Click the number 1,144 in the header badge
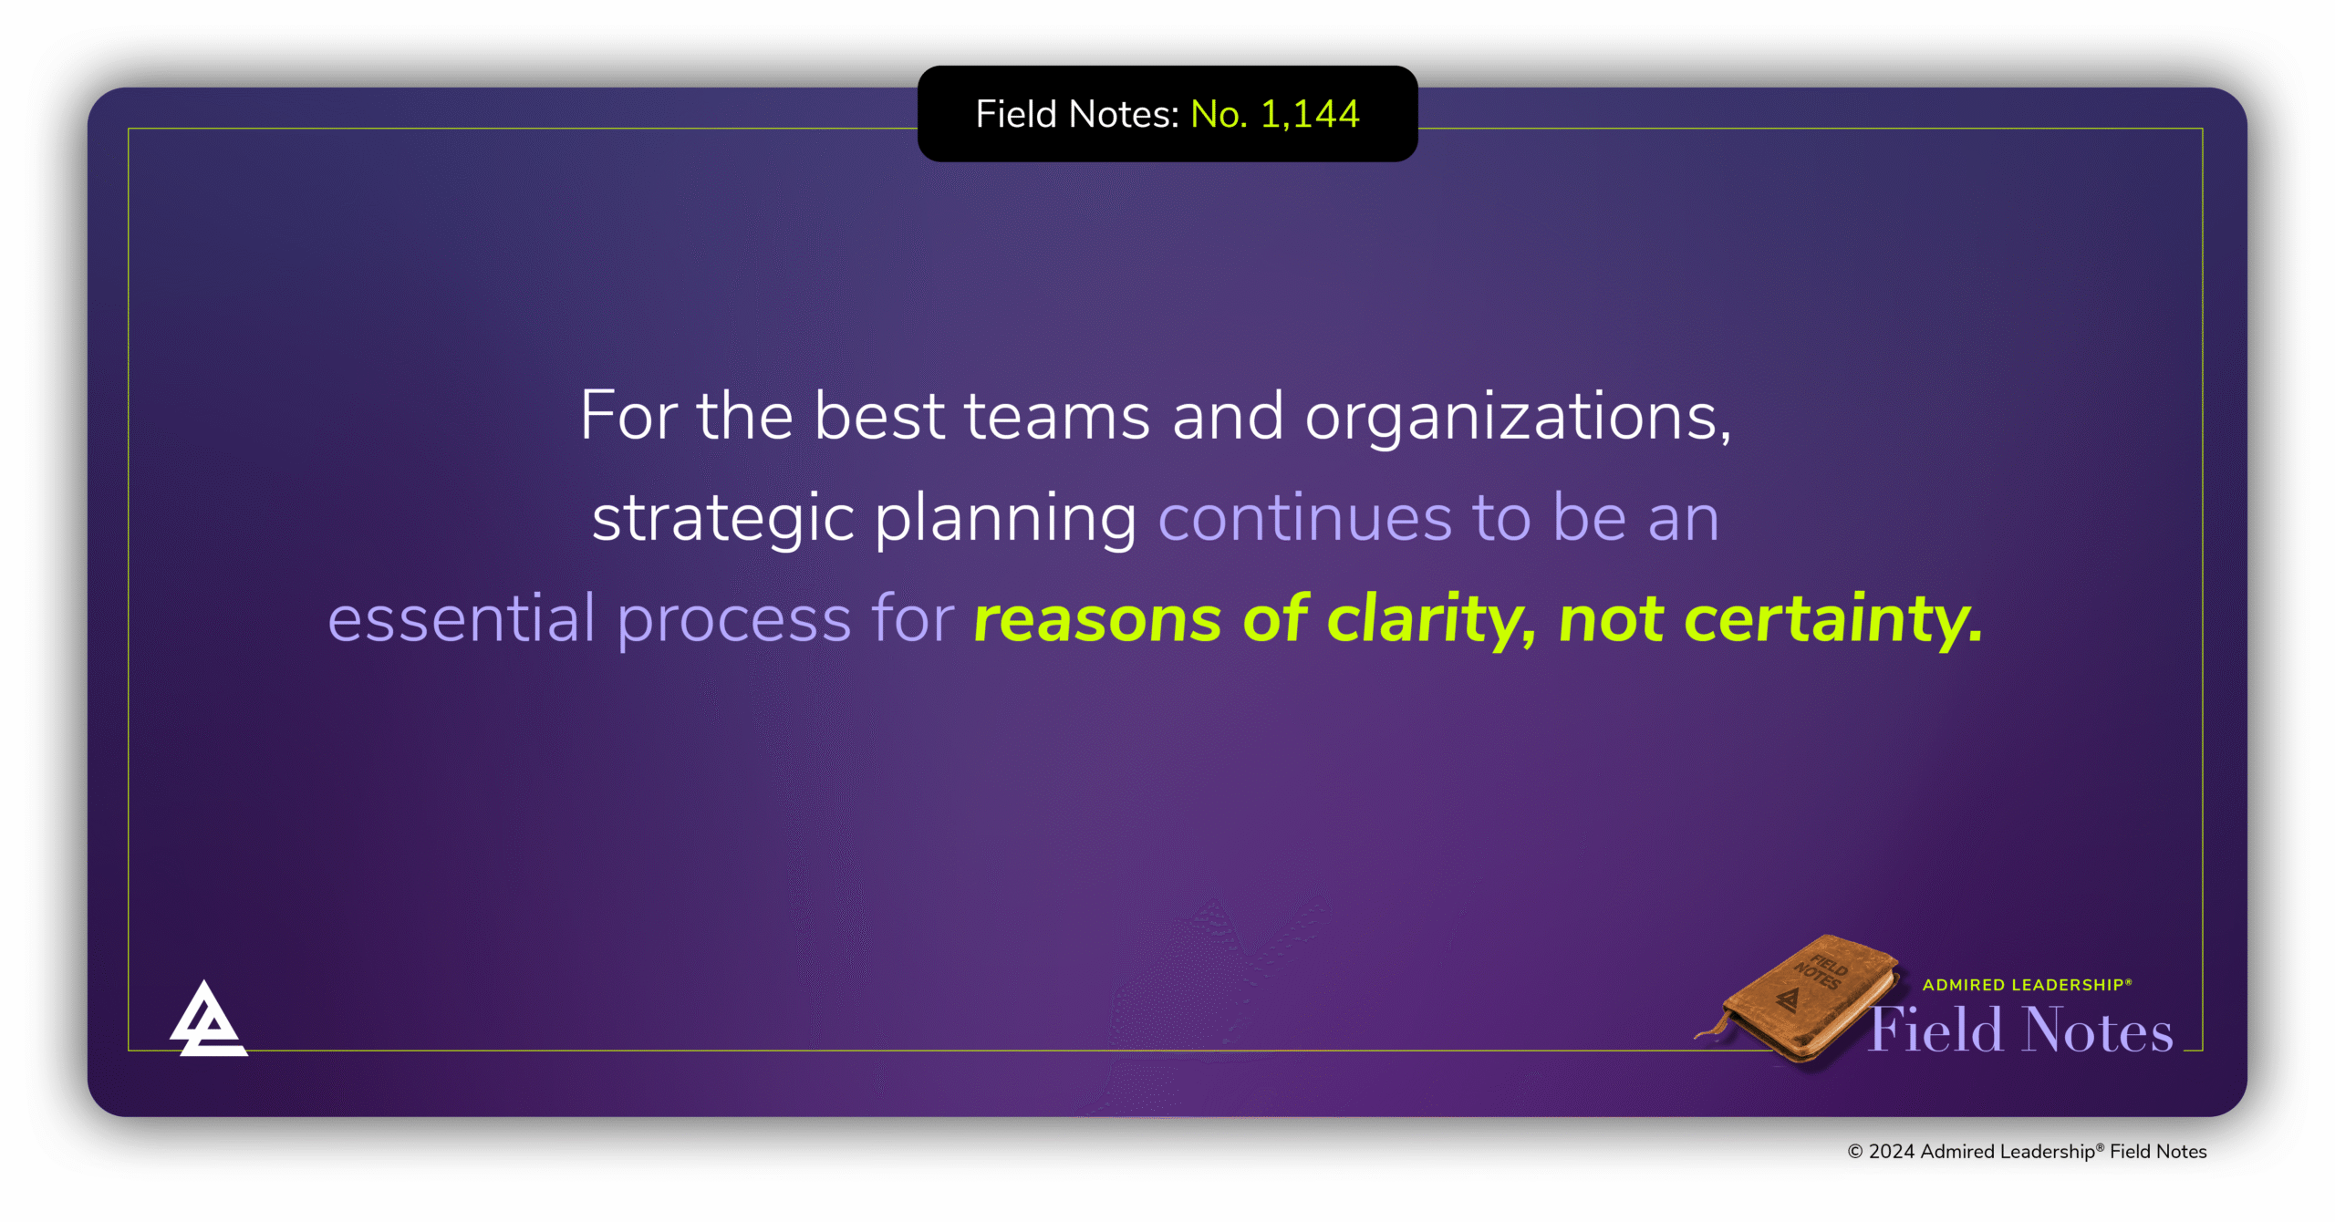pos(1310,115)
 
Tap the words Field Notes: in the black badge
pos(1077,115)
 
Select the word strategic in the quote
pos(722,519)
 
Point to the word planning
pos(1005,519)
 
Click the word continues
pos(1304,517)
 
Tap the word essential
pos(462,618)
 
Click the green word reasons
pos(1097,620)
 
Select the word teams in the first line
pos(1057,417)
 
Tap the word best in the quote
pos(878,417)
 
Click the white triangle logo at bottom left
pos(207,1022)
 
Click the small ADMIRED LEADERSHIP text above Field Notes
pos(2027,985)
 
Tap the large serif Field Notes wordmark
pos(2021,1030)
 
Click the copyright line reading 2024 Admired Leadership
pos(2027,1152)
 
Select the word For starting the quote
pos(628,417)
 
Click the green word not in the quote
pos(1611,619)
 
